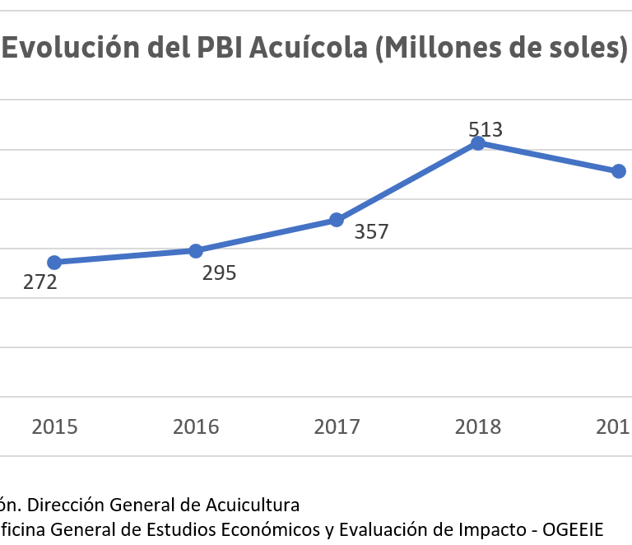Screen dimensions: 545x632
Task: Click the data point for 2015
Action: (54, 263)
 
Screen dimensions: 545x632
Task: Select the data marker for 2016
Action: (196, 251)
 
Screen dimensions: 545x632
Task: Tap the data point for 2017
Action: (337, 220)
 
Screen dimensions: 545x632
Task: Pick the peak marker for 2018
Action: (478, 143)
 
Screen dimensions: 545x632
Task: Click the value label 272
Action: (39, 283)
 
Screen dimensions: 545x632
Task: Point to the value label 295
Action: (219, 272)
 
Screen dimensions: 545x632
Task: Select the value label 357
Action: (371, 232)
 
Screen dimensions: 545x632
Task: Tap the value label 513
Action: (486, 129)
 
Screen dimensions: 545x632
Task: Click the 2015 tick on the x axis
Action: (54, 426)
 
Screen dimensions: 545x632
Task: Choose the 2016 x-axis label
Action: (196, 426)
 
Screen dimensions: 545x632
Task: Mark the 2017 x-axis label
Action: (337, 426)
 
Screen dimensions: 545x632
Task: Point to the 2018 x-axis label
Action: (478, 426)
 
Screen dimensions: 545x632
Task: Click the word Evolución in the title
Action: (59, 49)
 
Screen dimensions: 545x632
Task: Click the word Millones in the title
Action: (435, 49)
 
